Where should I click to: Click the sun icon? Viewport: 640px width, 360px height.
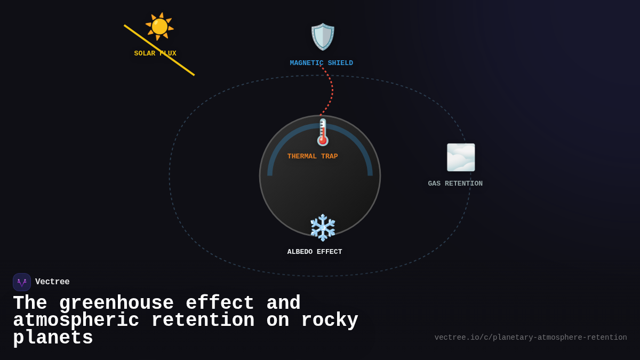tap(159, 26)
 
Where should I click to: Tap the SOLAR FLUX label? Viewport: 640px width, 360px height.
tap(155, 54)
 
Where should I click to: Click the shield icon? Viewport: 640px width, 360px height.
tap(323, 37)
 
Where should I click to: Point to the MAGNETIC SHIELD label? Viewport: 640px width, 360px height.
tap(321, 63)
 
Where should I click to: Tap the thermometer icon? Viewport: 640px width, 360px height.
tap(323, 132)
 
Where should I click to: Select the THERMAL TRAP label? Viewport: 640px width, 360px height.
tap(313, 157)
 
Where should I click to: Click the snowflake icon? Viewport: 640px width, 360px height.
tap(323, 228)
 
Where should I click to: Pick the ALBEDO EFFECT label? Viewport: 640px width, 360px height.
tap(315, 252)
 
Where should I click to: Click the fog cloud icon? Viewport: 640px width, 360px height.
tap(461, 157)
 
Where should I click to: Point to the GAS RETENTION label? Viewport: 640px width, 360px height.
tap(455, 184)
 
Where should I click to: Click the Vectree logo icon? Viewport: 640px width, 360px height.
tap(22, 282)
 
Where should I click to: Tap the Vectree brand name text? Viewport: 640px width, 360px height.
tap(52, 282)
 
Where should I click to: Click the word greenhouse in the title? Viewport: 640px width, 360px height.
tap(116, 303)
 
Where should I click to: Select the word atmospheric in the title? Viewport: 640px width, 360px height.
tap(76, 321)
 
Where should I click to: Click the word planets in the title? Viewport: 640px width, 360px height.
tap(53, 338)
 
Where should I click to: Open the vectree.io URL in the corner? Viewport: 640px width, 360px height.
tap(530, 338)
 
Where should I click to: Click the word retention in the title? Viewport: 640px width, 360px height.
tap(203, 321)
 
